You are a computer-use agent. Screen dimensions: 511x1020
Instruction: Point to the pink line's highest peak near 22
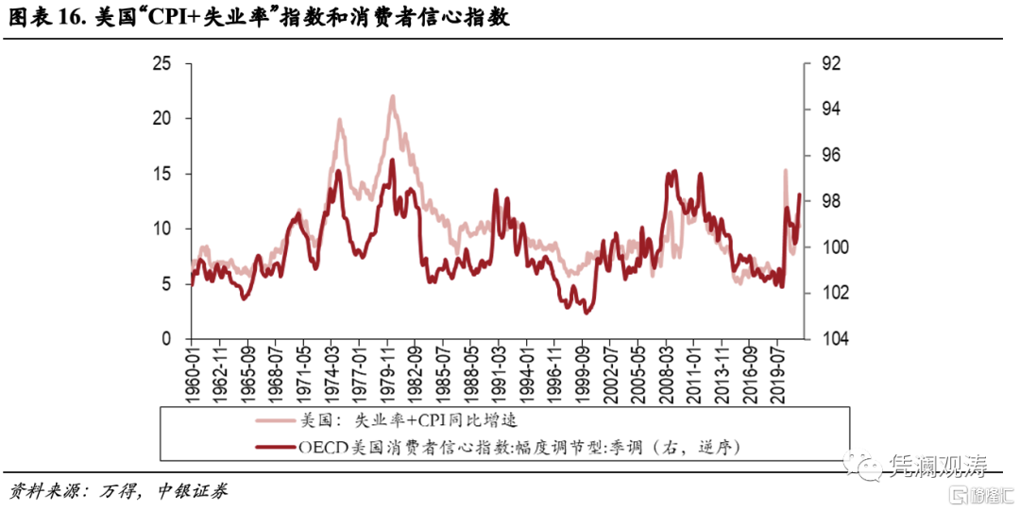point(392,96)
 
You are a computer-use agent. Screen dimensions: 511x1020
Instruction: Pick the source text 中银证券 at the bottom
point(195,492)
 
